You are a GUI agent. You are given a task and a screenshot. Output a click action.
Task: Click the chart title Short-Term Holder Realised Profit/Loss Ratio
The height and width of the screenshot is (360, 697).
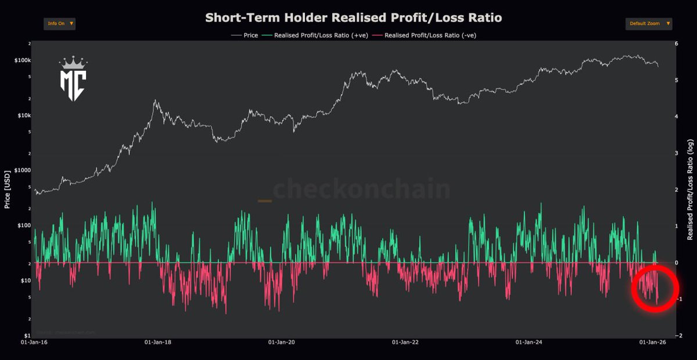click(353, 17)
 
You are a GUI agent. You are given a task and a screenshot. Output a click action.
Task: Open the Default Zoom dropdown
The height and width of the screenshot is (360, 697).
click(649, 24)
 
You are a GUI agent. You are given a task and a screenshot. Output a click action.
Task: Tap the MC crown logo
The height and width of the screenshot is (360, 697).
click(73, 80)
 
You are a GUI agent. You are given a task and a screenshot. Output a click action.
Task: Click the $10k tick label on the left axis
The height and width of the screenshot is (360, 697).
click(24, 116)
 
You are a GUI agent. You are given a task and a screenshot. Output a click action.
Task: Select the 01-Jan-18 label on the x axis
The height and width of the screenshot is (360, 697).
click(158, 343)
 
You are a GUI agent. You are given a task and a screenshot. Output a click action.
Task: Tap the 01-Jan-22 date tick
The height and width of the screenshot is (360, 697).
click(406, 343)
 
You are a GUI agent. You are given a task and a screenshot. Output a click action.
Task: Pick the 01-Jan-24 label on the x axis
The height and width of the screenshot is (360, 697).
click(530, 343)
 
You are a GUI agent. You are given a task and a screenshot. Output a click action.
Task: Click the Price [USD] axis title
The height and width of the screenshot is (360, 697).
click(8, 189)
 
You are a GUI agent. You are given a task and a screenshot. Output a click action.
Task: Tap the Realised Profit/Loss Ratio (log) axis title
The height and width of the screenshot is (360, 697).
click(691, 189)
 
